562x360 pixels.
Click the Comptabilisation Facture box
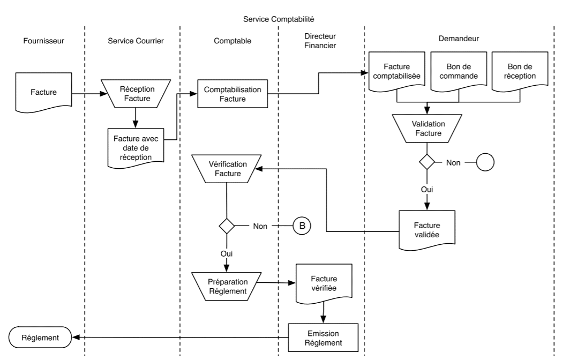point(233,94)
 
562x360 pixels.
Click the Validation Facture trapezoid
point(427,128)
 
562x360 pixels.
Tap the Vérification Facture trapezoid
point(227,169)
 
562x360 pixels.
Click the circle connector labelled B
point(302,226)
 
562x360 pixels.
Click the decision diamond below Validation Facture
point(427,161)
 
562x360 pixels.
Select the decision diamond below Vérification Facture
point(227,226)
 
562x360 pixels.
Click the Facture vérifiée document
point(324,282)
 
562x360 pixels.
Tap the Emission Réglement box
point(323,336)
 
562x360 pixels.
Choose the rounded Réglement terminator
point(40,337)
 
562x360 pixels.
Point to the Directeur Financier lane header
point(319,42)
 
